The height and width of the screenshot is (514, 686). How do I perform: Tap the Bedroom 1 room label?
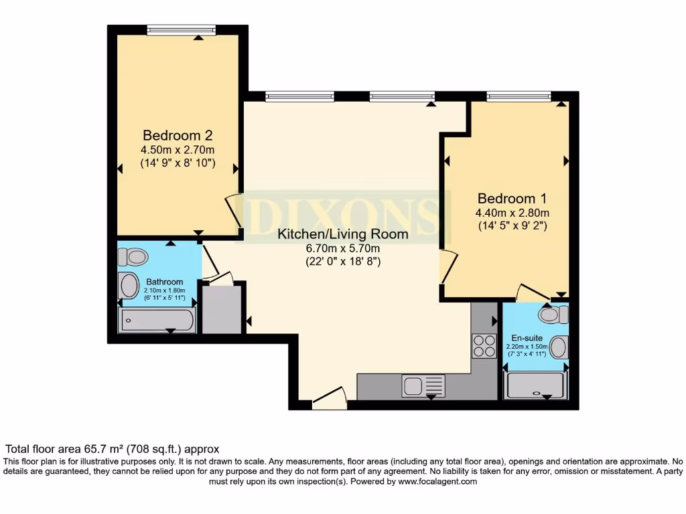[512, 199]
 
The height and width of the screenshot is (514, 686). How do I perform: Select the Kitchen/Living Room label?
[342, 234]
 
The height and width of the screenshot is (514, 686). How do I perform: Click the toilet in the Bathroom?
[133, 256]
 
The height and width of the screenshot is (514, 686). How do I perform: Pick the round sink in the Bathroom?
[127, 286]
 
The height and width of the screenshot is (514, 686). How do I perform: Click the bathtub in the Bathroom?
[157, 320]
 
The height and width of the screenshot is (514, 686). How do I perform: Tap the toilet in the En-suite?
[553, 314]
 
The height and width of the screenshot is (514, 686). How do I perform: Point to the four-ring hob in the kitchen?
[482, 346]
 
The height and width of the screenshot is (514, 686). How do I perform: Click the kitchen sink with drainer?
[423, 385]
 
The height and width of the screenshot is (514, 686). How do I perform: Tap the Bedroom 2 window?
[182, 29]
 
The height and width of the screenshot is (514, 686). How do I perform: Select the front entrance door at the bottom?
[330, 400]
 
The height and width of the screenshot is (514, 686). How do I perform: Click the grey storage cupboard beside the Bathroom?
[220, 309]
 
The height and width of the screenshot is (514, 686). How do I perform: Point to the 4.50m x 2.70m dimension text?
[178, 150]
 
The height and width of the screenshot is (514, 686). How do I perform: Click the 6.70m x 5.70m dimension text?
[342, 249]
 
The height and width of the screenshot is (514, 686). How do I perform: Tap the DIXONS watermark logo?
[342, 212]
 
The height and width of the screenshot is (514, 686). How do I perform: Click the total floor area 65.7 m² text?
[113, 449]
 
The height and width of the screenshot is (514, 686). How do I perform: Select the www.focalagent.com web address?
[437, 481]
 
